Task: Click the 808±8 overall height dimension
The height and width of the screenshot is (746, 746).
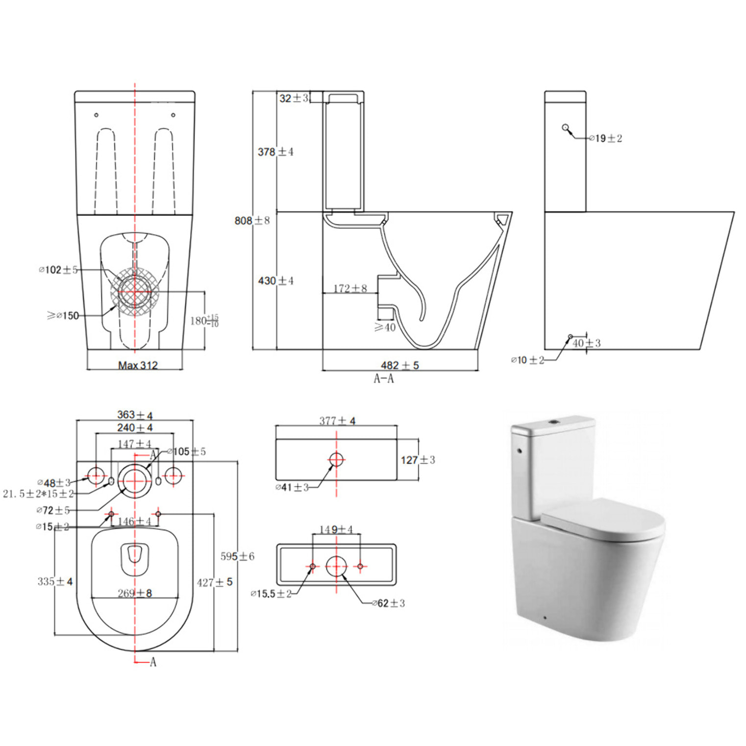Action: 252,221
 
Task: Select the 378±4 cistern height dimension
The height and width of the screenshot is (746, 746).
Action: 275,152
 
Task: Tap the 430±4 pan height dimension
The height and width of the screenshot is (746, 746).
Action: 275,281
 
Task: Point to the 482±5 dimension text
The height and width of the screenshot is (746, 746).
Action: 400,365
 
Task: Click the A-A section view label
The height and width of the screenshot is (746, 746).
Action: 383,378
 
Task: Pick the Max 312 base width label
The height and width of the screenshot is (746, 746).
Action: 138,365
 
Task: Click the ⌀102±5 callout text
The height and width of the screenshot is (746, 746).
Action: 58,270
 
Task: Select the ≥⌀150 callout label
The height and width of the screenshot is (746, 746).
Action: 63,316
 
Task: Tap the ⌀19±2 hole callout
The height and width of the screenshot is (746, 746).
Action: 606,139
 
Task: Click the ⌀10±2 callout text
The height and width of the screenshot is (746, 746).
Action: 527,360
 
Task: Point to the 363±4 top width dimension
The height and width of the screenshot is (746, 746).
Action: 135,415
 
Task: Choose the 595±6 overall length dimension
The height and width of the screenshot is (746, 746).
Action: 237,556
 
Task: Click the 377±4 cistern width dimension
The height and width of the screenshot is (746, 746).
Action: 337,421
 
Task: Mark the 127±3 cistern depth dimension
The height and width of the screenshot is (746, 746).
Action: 418,460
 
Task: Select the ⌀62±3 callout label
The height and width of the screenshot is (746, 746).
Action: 389,603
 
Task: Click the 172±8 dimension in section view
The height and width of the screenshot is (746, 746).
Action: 350,288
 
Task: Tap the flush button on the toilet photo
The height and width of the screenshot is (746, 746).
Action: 554,421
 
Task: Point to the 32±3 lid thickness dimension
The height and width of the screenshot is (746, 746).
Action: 294,98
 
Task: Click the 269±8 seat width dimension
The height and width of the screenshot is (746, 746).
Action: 135,593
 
